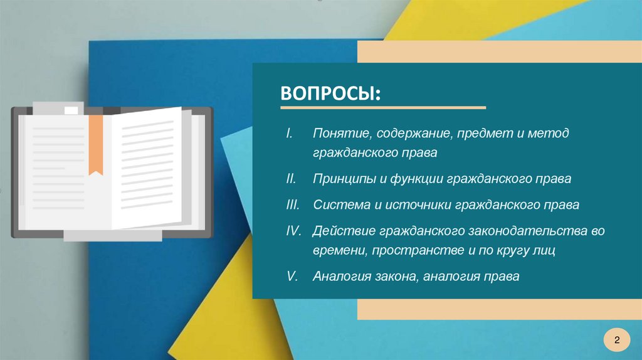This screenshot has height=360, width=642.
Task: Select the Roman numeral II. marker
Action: (291, 179)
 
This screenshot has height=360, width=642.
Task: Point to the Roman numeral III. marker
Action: (292, 204)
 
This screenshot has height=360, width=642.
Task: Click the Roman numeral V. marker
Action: (292, 276)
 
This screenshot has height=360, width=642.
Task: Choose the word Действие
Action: (343, 231)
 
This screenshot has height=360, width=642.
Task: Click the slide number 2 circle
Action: (617, 340)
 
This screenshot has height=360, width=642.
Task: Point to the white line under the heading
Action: (383, 108)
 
